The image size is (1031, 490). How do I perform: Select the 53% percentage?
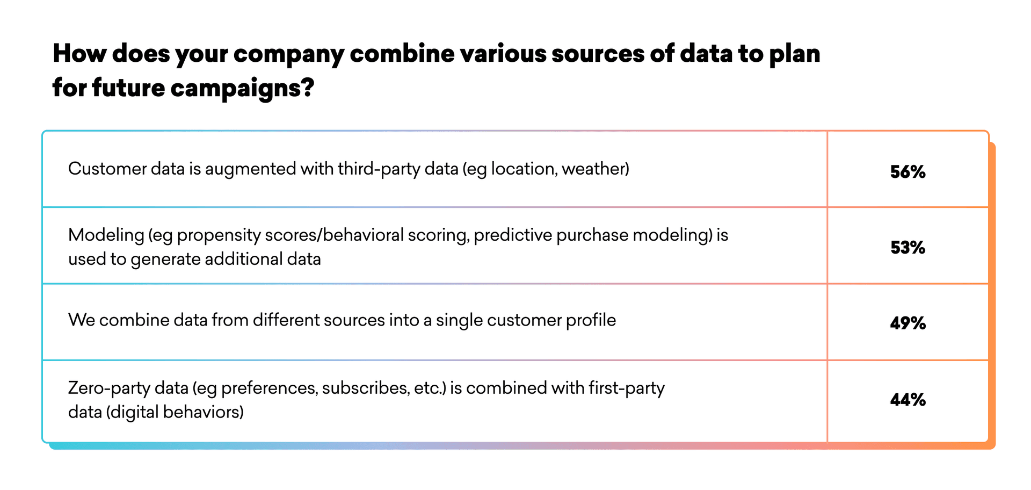(907, 248)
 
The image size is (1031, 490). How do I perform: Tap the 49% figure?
(907, 323)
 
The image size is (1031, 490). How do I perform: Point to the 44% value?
(907, 400)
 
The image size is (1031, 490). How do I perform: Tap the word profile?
(591, 320)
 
